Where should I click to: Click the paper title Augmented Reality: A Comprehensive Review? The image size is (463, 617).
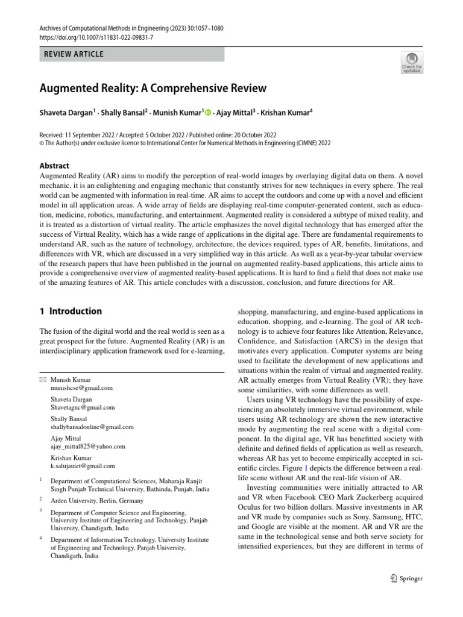pyautogui.click(x=153, y=89)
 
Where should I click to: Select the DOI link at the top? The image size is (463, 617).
pyautogui.click(x=96, y=37)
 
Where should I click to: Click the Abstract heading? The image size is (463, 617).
pyautogui.click(x=54, y=166)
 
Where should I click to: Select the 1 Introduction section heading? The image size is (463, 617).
pyautogui.click(x=71, y=312)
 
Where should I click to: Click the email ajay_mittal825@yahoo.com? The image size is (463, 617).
pyautogui.click(x=88, y=446)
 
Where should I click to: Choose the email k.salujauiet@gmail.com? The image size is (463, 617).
pyautogui.click(x=83, y=466)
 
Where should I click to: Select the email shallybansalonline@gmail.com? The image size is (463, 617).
pyautogui.click(x=92, y=427)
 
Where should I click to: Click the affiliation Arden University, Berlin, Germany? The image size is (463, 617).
pyautogui.click(x=97, y=501)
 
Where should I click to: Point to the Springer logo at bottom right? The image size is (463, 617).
pyautogui.click(x=406, y=578)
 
